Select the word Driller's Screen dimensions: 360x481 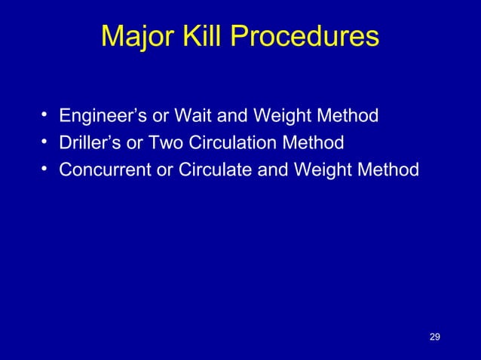pos(87,143)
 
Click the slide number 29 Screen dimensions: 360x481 pos(434,336)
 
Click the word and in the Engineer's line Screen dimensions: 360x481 pos(234,117)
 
